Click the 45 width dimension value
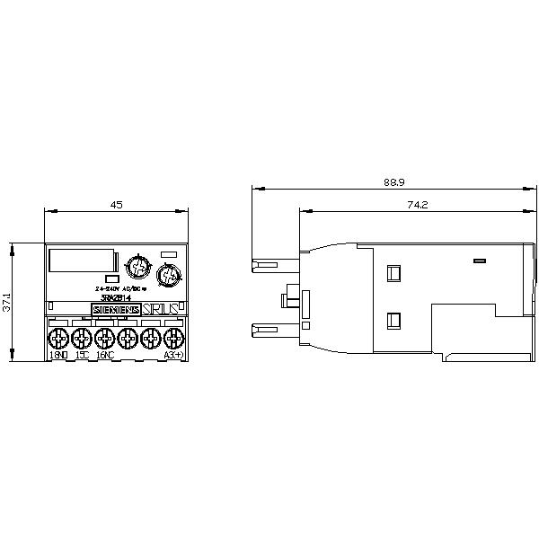point(116,205)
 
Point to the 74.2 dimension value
point(415,205)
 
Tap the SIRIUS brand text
point(160,310)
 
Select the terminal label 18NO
point(58,356)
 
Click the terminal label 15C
point(81,356)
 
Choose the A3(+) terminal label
point(172,356)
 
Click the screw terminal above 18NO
point(57,338)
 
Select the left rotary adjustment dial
point(137,267)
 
